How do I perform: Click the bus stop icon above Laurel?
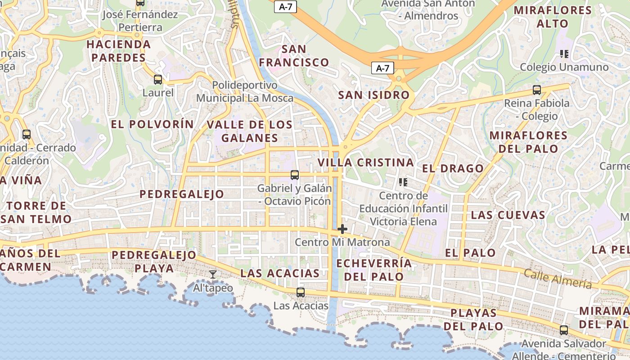157,80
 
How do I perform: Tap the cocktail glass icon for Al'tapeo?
213,274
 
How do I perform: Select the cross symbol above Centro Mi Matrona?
342,229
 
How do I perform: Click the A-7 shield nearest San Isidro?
382,68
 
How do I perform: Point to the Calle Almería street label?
558,279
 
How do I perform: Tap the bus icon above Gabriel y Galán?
295,175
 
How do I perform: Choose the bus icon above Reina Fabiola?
536,90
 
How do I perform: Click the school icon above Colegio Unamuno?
564,54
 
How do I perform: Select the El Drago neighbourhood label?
453,169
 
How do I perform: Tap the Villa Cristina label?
365,162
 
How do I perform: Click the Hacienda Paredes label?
118,51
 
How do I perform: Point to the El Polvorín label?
152,125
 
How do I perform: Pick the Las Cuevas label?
508,215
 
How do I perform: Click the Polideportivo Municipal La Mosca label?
245,91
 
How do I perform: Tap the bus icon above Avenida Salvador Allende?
563,330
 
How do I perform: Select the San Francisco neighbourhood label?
294,56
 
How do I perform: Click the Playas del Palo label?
473,319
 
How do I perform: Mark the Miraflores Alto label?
553,17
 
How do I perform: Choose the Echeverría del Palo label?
373,270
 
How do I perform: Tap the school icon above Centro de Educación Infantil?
403,182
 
